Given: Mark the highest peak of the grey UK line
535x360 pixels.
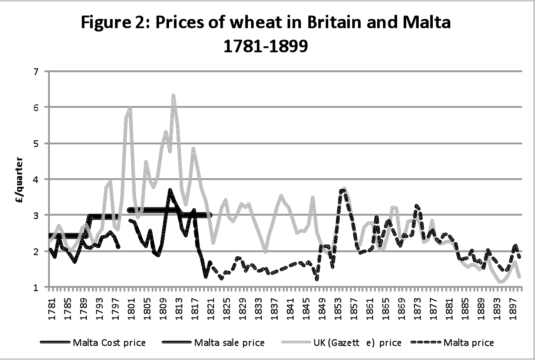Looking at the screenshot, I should (x=174, y=96).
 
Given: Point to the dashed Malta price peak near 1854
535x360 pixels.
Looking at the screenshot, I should (x=342, y=190).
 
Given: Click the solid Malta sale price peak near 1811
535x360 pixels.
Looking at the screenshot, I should (x=170, y=190).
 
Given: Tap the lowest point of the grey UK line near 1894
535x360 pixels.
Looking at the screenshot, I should (x=500, y=282).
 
